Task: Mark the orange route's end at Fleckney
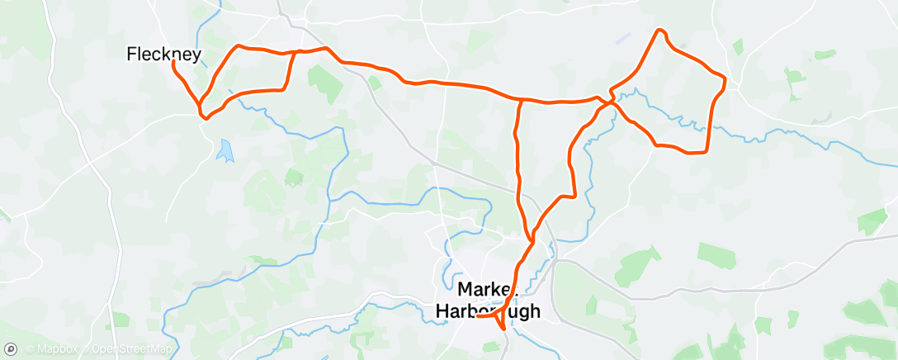173,61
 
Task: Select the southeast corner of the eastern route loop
706,151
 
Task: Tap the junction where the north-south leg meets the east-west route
521,100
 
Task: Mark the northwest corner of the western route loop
239,46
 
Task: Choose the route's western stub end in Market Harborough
478,315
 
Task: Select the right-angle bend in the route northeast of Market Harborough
572,196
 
